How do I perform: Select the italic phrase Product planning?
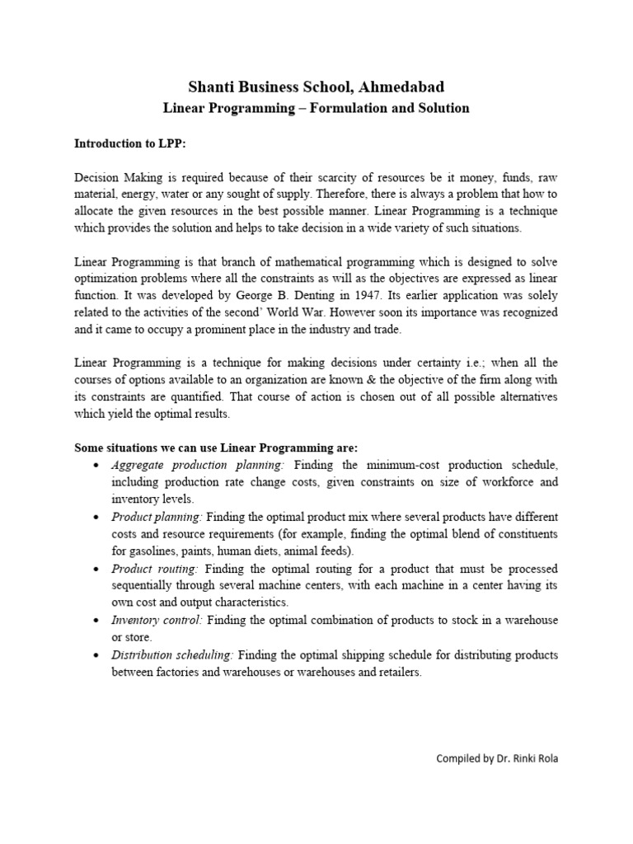coord(157,517)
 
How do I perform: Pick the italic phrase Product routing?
coord(155,569)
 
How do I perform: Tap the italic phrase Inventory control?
coord(157,620)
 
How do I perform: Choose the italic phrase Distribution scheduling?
coord(173,654)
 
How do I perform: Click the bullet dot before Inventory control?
coord(98,621)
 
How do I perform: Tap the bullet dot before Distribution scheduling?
coord(98,655)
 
